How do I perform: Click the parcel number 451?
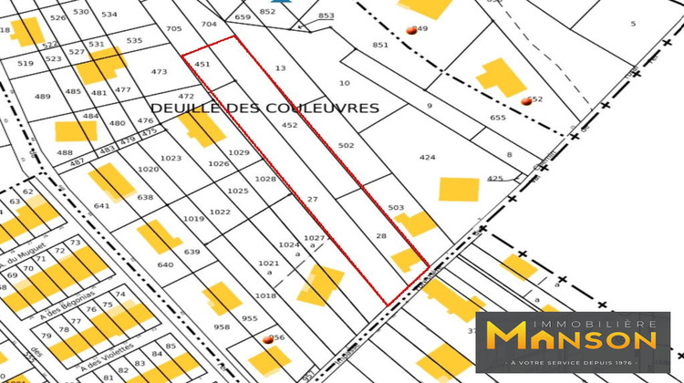pos(202,65)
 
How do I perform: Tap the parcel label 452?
pos(290,126)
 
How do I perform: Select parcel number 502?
pos(346,146)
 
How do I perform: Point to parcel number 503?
pos(395,208)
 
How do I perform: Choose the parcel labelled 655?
pos(497,118)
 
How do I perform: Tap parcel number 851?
pos(380,45)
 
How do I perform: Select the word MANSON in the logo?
pos(572,337)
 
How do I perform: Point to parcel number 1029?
pos(239,152)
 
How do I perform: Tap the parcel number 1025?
pos(238,191)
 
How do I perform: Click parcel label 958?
pos(223,326)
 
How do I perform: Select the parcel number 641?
pos(101,206)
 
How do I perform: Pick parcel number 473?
pos(160,71)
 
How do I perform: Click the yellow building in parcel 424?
pos(459,190)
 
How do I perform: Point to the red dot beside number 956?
pos(268,340)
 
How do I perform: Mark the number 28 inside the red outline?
pos(381,236)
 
